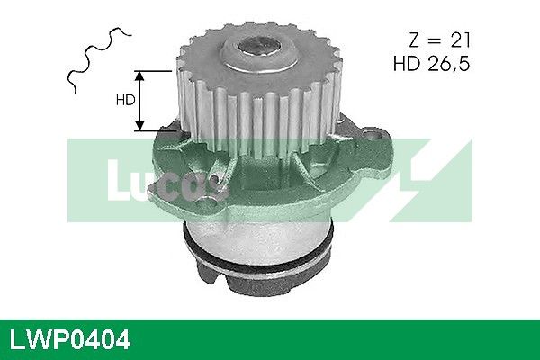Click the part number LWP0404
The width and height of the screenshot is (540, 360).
pos(70,340)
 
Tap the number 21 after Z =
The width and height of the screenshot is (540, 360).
pos(460,40)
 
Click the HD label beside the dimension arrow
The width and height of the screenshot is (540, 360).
pos(125,100)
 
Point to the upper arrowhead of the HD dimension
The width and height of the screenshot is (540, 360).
pos(139,76)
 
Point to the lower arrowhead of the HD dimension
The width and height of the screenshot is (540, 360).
pos(139,125)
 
